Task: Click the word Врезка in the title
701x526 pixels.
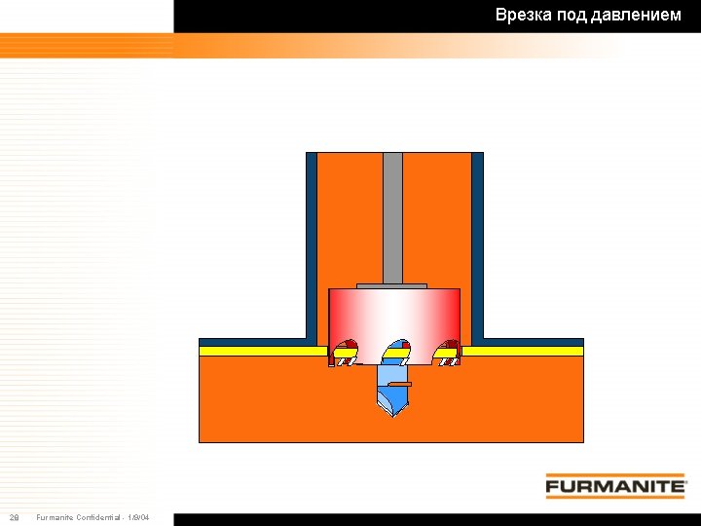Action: pyautogui.click(x=523, y=16)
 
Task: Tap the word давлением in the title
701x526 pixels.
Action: pyautogui.click(x=636, y=16)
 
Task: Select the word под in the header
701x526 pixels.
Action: pyautogui.click(x=571, y=16)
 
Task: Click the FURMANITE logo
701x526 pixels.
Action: pyautogui.click(x=615, y=486)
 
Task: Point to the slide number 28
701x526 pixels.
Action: pyautogui.click(x=15, y=517)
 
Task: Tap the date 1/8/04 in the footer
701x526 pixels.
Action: pyautogui.click(x=137, y=517)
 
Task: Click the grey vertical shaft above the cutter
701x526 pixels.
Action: pyautogui.click(x=392, y=218)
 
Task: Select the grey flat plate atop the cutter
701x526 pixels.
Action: pyautogui.click(x=391, y=286)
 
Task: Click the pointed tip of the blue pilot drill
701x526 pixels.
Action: pyautogui.click(x=392, y=417)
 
